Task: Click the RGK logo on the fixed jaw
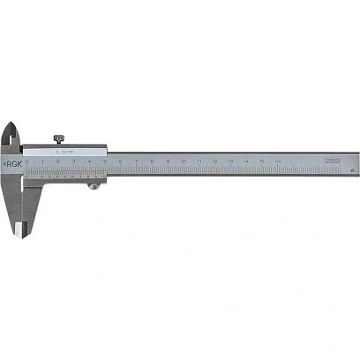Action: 12,163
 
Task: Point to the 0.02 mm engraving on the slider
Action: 62,153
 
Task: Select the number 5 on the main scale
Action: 105,161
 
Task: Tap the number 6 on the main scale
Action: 121,161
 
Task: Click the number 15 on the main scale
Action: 262,161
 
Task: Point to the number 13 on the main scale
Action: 230,161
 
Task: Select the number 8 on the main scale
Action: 153,161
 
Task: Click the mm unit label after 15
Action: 278,161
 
